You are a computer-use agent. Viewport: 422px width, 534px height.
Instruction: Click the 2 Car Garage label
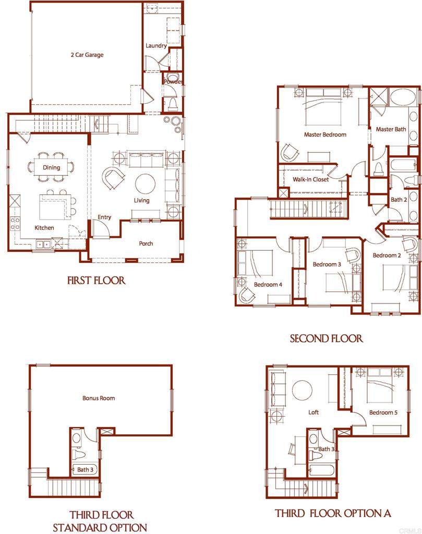[87, 55]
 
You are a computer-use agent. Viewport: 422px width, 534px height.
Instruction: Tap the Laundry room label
[156, 46]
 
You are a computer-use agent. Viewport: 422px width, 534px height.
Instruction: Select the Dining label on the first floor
[51, 167]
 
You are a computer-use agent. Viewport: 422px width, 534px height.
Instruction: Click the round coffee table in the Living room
[145, 184]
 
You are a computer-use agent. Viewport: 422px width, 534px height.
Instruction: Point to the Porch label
[146, 244]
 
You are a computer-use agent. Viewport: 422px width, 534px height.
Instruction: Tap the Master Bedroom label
[325, 135]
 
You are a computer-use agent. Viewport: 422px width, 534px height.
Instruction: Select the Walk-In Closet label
[310, 179]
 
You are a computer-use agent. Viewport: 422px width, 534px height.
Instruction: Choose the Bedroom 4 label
[268, 285]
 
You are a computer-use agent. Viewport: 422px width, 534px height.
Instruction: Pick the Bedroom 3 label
[327, 264]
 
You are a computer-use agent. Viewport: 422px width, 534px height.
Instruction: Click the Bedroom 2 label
[387, 256]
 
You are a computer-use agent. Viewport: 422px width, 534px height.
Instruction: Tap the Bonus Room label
[99, 398]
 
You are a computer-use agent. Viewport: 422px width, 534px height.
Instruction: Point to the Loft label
[314, 412]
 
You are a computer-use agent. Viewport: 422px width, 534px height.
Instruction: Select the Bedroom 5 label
[383, 412]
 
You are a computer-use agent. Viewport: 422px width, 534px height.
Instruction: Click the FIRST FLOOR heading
[97, 281]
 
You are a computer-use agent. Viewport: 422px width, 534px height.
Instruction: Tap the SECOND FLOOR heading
[326, 339]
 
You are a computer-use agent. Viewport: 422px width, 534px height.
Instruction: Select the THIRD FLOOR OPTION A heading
[333, 513]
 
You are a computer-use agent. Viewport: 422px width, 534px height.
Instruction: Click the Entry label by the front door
[104, 217]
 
